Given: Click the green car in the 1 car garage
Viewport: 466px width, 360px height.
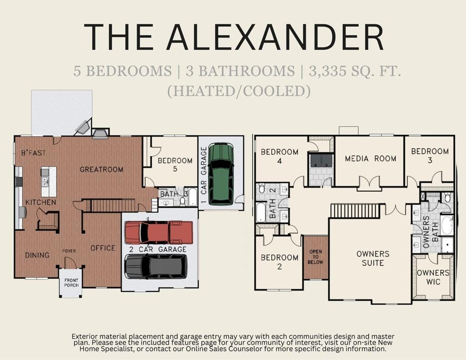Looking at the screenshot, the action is (221, 174).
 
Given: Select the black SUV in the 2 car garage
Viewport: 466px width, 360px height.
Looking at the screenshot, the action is (156, 266).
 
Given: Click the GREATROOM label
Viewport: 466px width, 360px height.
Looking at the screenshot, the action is (101, 169).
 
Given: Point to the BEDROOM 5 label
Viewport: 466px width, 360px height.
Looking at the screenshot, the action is (175, 165).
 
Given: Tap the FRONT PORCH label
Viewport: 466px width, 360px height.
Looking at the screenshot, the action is (71, 283).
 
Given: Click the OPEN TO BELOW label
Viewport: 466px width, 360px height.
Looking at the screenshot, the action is (315, 257).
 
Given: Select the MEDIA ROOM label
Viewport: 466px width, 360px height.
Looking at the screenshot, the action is (370, 158).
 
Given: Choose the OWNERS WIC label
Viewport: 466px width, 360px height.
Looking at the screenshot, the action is (433, 277).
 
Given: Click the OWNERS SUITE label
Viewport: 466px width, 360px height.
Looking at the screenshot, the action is (373, 259).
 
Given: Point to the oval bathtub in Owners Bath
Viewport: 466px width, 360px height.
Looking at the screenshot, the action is (447, 225).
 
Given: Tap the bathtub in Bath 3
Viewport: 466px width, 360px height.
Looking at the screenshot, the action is (192, 197).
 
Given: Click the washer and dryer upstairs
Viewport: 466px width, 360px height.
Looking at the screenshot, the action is (321, 161).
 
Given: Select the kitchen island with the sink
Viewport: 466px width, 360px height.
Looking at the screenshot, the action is (49, 181).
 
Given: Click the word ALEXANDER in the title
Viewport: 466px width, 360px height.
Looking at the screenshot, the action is (275, 37).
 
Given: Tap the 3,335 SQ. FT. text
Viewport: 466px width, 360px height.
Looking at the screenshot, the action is (355, 71).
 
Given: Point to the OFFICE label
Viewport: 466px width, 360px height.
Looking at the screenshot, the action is (103, 248).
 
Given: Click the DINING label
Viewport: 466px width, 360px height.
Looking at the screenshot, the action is (37, 255).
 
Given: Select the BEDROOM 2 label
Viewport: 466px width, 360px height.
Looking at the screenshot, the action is (279, 262).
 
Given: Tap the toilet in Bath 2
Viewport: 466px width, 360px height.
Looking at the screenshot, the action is (262, 188).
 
